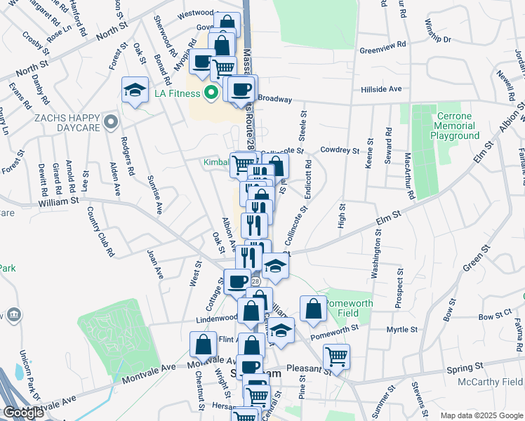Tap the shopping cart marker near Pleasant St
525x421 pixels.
coord(336,356)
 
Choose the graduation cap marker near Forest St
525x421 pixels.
coord(135,90)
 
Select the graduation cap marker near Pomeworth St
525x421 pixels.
coord(281,330)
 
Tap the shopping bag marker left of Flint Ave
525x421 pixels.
coord(203,345)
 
